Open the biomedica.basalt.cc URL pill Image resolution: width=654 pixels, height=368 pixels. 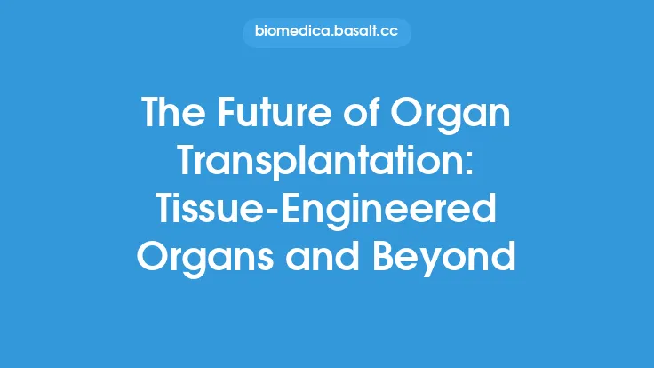326,33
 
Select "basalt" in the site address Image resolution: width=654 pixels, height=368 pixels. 354,33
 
